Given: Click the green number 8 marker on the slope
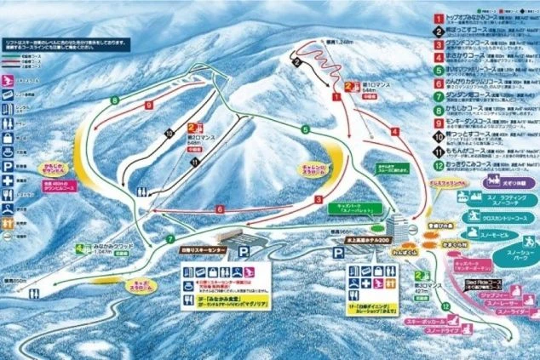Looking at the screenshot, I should coord(113,101).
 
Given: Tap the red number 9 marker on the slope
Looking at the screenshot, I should coord(148,106).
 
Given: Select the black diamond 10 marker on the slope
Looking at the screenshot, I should coord(169,133).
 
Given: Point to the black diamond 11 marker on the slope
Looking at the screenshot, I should coord(196,162).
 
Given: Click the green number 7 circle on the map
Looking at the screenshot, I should coord(170,239).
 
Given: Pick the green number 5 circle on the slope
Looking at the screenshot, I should coord(304,129).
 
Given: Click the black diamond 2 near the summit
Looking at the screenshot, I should coord(297,62).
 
